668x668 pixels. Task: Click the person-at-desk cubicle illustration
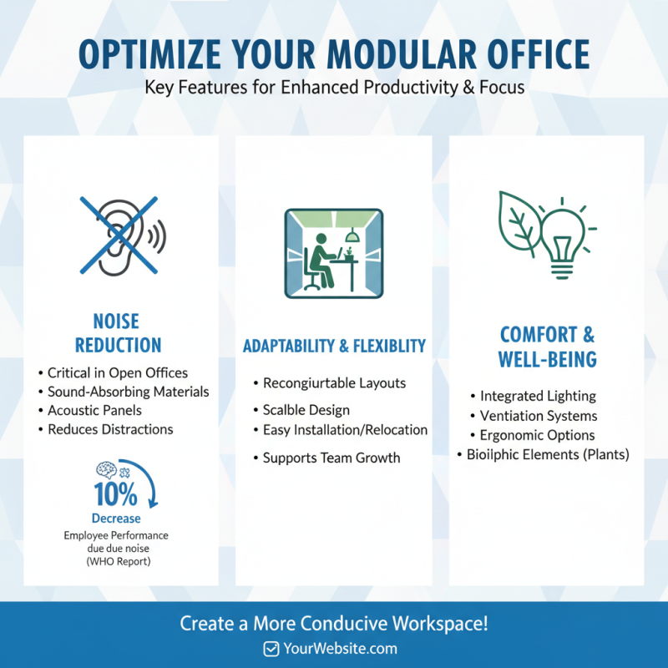333,253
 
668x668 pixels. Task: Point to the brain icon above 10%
107,470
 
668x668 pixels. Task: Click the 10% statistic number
115,495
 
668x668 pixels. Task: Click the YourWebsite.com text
340,649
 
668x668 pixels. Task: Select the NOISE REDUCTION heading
118,333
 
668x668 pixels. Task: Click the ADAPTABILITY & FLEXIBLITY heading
334,346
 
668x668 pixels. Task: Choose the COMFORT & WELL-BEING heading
548,347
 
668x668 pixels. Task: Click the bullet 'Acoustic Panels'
94,410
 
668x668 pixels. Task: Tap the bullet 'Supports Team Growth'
331,458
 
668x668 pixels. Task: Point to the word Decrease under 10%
116,519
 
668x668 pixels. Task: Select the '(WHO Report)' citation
116,562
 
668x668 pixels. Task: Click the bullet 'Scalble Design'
306,410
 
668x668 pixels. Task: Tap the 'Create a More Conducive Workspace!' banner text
334,623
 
